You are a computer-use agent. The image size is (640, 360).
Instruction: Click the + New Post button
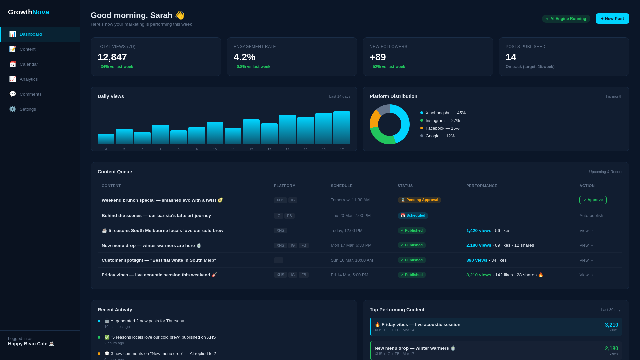click(612, 19)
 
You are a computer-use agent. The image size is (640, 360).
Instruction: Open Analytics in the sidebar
click(29, 79)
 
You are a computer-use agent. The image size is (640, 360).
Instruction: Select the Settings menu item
click(28, 109)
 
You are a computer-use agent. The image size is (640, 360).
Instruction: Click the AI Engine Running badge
click(566, 19)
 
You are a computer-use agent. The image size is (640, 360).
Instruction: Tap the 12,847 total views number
click(112, 57)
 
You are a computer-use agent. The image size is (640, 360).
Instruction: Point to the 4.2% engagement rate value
click(244, 57)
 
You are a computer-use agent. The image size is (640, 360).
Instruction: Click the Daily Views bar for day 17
click(342, 128)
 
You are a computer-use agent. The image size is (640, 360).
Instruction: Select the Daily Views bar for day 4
click(106, 139)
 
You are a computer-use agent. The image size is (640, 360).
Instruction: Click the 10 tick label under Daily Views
click(215, 149)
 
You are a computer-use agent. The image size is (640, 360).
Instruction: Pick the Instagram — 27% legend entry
click(442, 120)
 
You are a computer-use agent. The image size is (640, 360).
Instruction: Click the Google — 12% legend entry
click(440, 136)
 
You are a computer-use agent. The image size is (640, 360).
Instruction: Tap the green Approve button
click(593, 200)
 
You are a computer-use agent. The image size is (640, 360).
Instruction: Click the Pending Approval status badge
click(419, 200)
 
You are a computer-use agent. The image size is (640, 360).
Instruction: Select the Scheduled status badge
click(413, 216)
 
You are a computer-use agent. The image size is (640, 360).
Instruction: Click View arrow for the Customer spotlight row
click(586, 260)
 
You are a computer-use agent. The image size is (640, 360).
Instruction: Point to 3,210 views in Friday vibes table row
click(479, 275)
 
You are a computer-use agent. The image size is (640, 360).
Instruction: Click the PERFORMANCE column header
click(482, 186)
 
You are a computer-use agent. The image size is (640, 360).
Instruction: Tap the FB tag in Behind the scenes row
click(289, 216)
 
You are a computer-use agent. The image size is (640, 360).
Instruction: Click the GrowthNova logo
click(29, 12)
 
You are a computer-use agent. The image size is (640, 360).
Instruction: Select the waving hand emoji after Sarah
click(180, 15)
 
